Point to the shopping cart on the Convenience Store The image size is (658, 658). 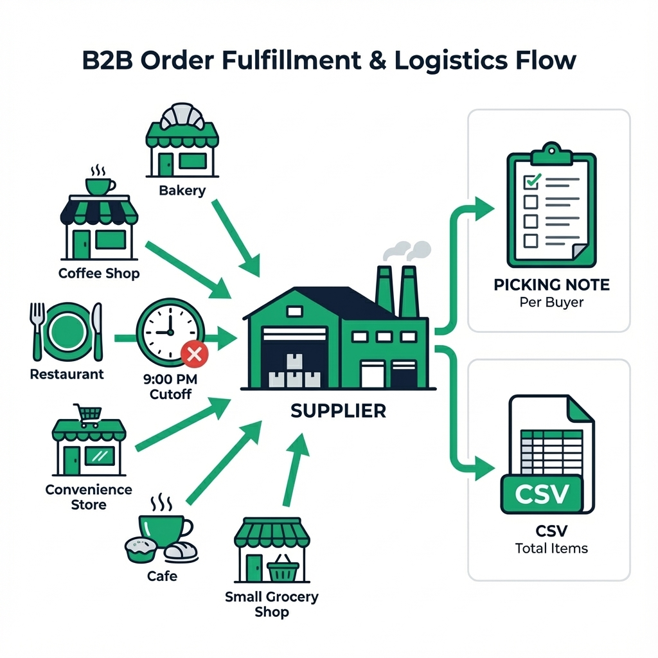coord(88,414)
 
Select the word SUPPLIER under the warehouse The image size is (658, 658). coord(338,411)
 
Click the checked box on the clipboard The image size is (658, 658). coord(531,182)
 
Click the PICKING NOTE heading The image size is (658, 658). coord(551,285)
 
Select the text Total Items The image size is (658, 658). coord(551,548)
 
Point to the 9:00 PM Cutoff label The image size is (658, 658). coord(170,386)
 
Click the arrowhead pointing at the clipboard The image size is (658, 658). coord(483,208)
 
